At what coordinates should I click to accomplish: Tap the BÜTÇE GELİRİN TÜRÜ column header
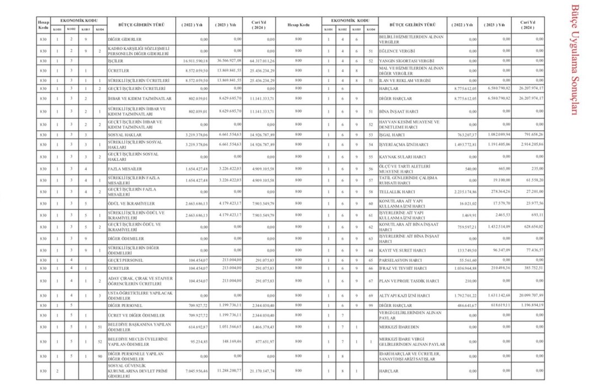pos(412,25)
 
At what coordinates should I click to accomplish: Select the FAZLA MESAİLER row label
pos(126,168)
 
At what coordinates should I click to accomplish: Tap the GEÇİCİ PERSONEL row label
pos(126,260)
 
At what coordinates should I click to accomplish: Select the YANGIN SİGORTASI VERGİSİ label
pos(407,61)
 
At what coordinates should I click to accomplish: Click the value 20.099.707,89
pos(528,296)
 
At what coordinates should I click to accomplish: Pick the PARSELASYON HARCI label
pos(401,260)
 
